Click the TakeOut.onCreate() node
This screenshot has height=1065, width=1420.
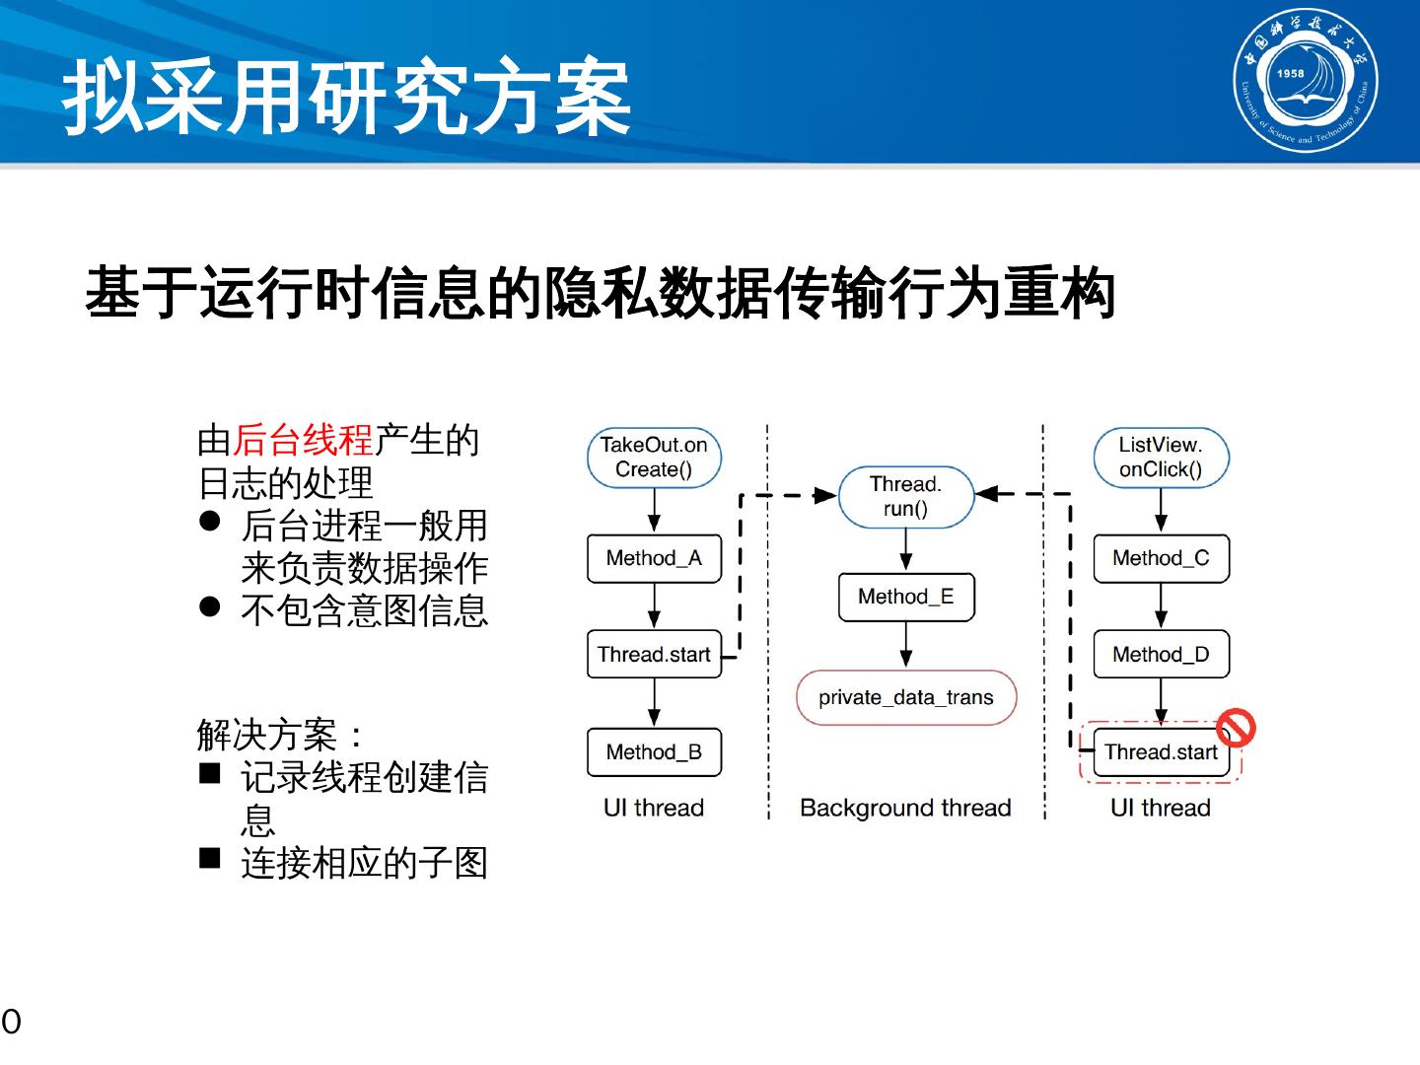click(x=654, y=458)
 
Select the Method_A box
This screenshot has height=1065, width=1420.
click(x=654, y=558)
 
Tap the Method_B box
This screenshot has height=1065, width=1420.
click(x=654, y=752)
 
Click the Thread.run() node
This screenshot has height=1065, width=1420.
click(x=905, y=496)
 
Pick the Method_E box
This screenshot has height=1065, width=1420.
click(x=905, y=597)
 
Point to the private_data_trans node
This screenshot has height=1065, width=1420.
click(x=905, y=697)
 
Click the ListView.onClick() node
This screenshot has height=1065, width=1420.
click(x=1161, y=458)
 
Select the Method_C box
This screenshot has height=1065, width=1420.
click(x=1161, y=558)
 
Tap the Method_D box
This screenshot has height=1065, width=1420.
click(x=1161, y=655)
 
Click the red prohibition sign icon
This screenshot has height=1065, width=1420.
click(x=1235, y=728)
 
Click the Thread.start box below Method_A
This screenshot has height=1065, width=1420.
click(x=654, y=655)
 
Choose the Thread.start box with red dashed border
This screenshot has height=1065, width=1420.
click(x=1161, y=752)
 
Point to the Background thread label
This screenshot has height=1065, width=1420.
click(x=905, y=808)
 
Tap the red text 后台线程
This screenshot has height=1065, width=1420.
click(x=303, y=440)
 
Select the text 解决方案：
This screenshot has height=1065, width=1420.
click(x=280, y=735)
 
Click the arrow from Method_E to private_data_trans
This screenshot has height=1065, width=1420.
click(x=905, y=645)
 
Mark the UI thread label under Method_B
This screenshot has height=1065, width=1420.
click(x=654, y=808)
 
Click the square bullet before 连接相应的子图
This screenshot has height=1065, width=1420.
click(x=209, y=858)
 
